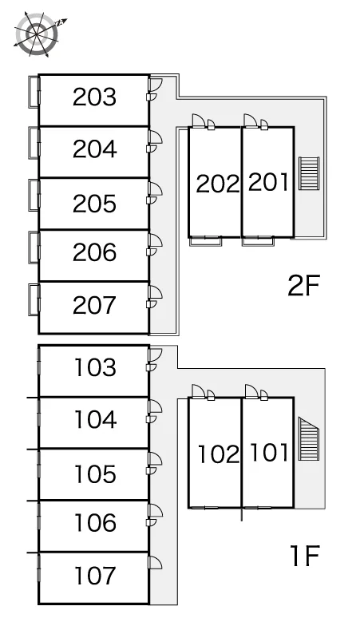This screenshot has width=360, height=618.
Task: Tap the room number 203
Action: pos(94,97)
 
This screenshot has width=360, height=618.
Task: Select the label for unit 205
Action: pos(94,204)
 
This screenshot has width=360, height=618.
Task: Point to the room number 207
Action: pos(94,305)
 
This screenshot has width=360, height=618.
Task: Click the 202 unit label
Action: pos(218,184)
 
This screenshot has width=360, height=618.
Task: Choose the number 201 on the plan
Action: pos(268,182)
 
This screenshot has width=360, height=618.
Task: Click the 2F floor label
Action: pos(303,285)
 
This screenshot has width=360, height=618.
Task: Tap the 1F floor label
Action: pos(304,556)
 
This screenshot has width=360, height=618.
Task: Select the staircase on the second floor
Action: pos(308,173)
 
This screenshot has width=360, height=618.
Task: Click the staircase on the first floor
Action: pos(308,438)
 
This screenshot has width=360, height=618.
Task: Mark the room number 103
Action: pos(95,367)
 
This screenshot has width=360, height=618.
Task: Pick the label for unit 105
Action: pos(95,473)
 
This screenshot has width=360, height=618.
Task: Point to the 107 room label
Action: pos(95,576)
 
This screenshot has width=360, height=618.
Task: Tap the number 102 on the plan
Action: pos(219,454)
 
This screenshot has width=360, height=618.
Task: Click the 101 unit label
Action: pos(269,452)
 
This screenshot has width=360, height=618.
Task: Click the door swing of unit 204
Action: pos(155,137)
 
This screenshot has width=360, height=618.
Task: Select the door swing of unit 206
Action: pos(155,240)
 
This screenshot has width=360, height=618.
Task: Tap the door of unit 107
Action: pos(155,562)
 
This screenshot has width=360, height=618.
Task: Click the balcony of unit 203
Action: pos(34,92)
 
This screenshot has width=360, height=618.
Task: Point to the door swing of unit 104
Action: pos(155,406)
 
